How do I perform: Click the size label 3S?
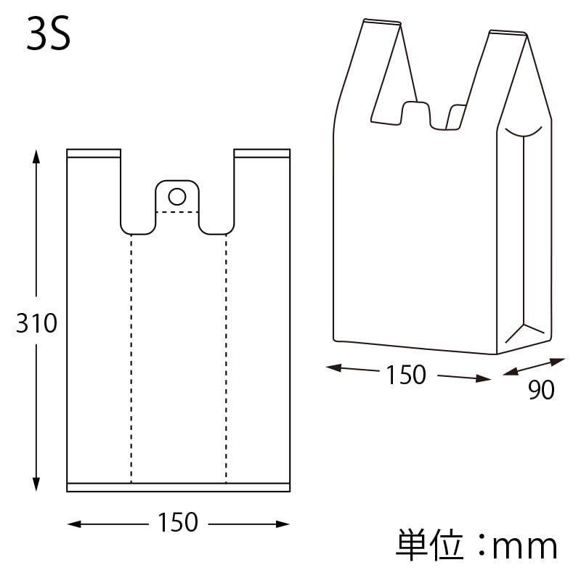(x=49, y=36)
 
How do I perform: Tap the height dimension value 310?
(x=36, y=323)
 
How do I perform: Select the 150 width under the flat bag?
(x=178, y=522)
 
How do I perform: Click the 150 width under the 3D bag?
(x=406, y=375)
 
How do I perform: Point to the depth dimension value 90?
(x=541, y=391)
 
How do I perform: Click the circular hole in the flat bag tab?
(x=176, y=195)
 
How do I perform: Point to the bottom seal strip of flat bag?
(x=178, y=487)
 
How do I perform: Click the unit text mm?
(x=525, y=546)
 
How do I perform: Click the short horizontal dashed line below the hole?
(x=177, y=212)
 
